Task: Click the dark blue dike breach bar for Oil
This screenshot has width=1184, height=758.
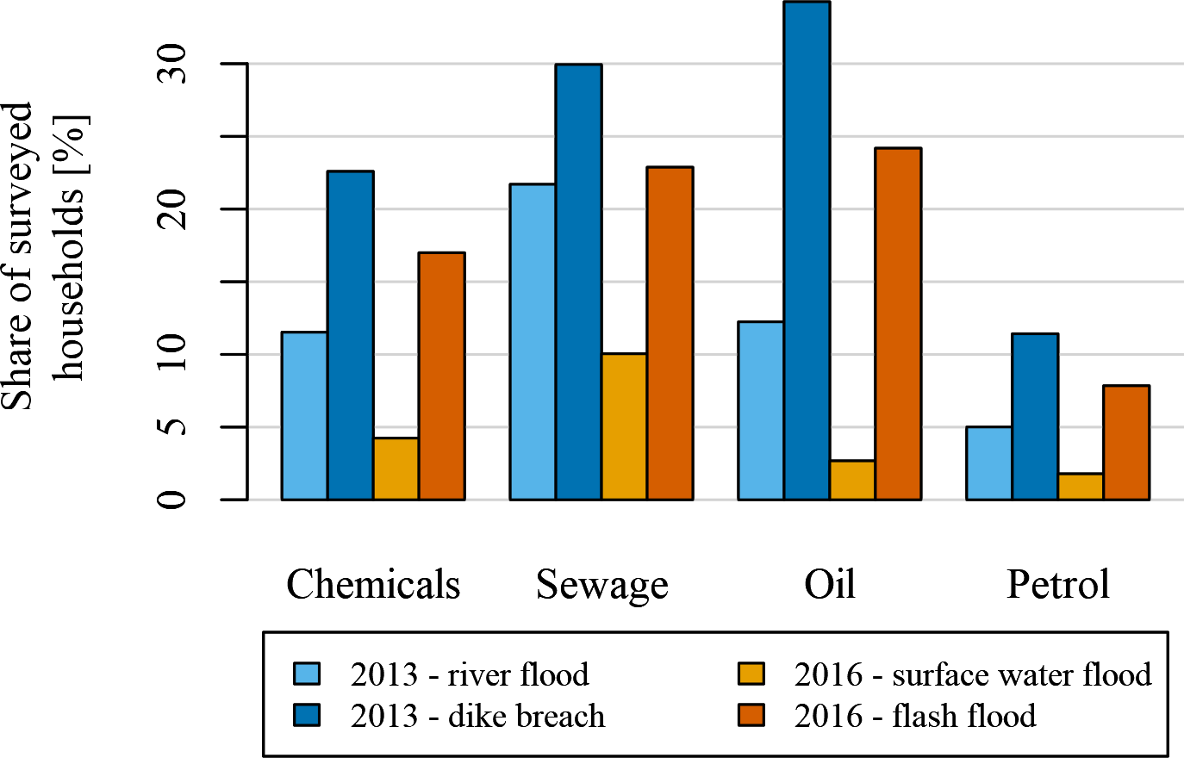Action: point(807,251)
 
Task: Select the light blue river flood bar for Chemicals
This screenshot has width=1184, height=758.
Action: point(304,415)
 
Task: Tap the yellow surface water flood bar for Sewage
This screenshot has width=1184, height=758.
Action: point(624,426)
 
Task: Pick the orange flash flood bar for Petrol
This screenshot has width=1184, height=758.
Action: point(1126,443)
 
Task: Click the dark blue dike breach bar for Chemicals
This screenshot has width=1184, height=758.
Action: point(350,335)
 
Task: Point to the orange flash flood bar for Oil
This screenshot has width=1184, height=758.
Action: point(898,324)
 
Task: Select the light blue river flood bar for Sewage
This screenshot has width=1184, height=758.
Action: point(533,341)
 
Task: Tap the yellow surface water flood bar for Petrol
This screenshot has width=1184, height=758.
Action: point(1081,486)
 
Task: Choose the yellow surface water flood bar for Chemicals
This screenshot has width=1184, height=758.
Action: point(396,469)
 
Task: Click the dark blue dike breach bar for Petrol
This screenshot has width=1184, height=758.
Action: point(1035,416)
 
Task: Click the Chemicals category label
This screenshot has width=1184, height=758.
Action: point(373,585)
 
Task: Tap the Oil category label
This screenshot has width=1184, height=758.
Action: point(830,585)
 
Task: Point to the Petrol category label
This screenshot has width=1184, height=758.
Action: point(1058,585)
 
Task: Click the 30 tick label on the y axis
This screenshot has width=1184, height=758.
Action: point(172,64)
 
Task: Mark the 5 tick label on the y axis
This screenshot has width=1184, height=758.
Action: point(172,427)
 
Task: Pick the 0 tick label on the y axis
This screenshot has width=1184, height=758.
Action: point(172,500)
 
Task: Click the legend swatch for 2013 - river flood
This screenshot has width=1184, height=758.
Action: point(306,674)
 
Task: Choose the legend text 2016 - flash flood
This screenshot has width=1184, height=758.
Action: point(915,716)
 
